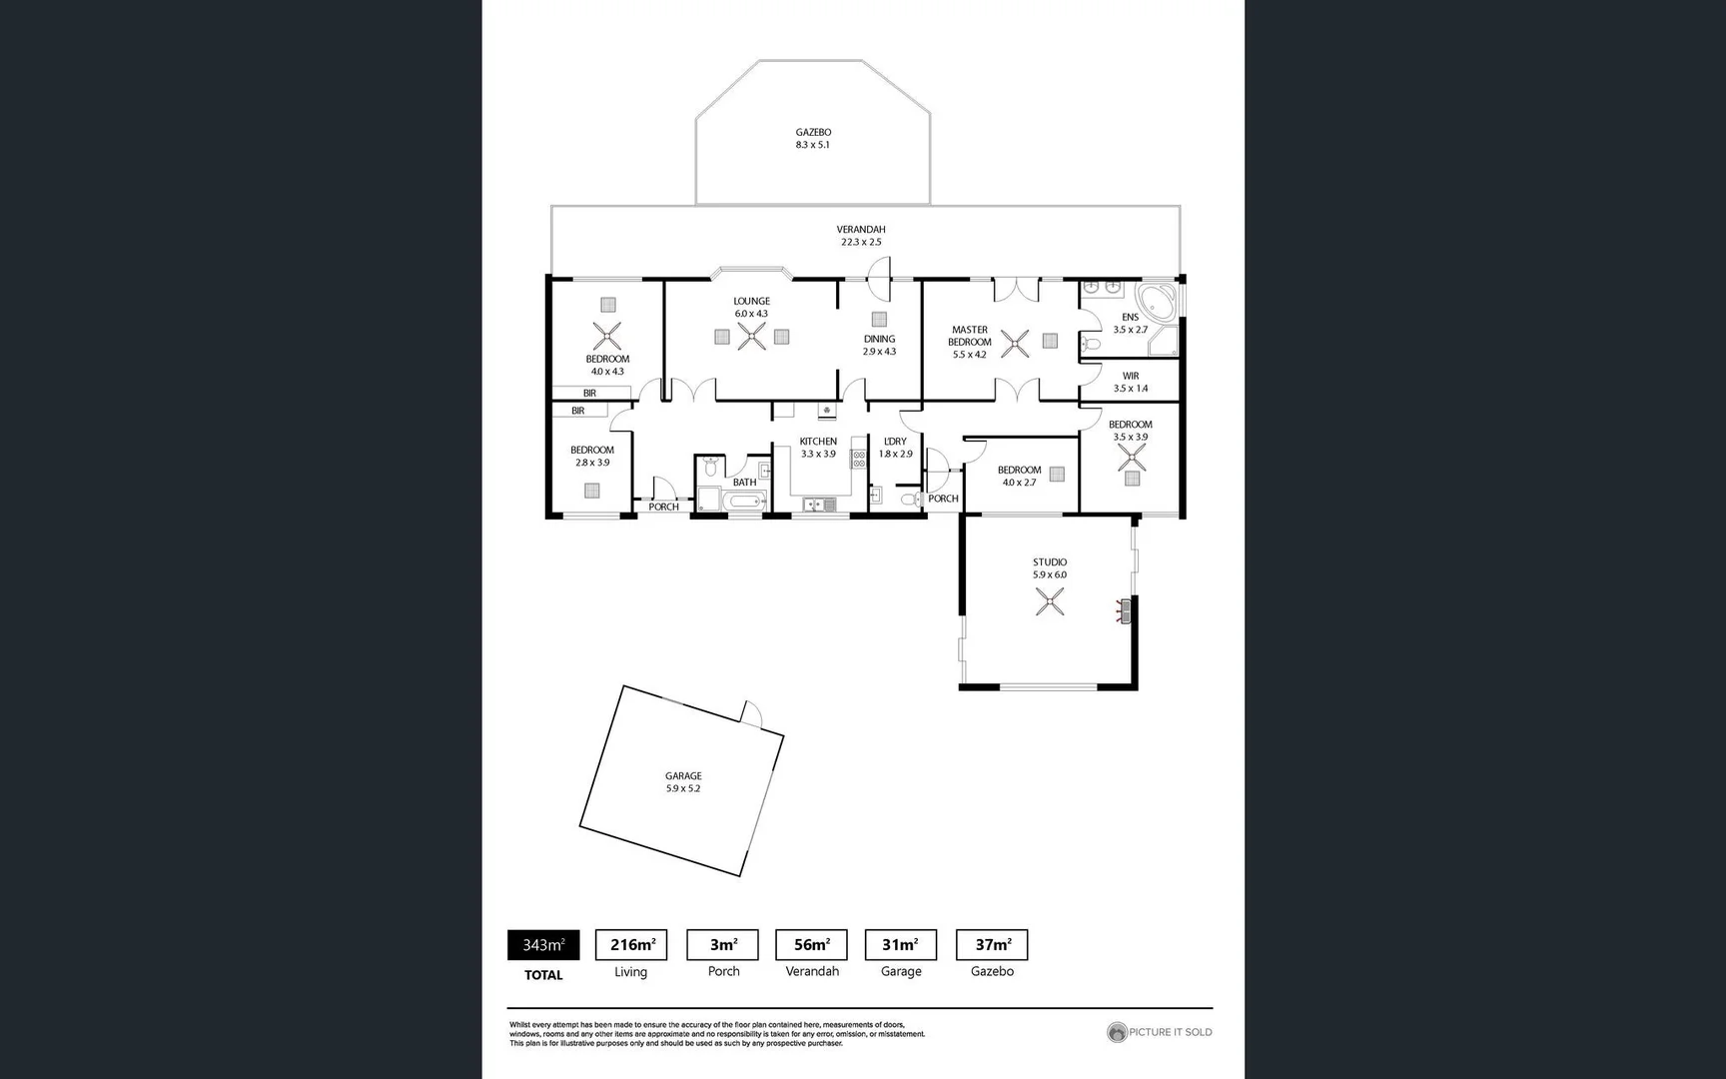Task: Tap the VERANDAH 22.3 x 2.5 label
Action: [x=861, y=236]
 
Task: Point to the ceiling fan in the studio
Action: [x=1049, y=601]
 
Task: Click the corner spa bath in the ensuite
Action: [x=1159, y=301]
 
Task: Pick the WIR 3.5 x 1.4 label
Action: [x=1131, y=382]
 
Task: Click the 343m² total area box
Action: [x=543, y=945]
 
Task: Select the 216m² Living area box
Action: [x=631, y=945]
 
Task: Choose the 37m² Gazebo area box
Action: [x=992, y=945]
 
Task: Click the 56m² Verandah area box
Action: [x=811, y=945]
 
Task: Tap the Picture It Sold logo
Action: [x=1160, y=1032]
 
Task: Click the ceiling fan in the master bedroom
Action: [x=1016, y=345]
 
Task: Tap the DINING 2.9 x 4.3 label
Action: [x=879, y=345]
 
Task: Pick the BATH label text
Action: [x=744, y=482]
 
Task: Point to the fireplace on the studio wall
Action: [x=1125, y=610]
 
